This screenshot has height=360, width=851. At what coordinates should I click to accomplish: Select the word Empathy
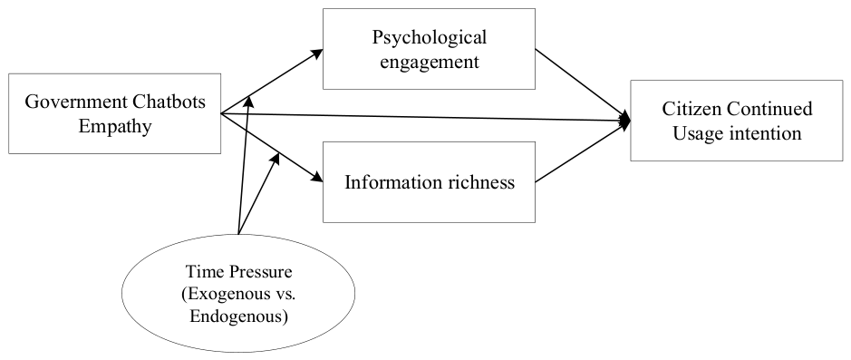coord(114,127)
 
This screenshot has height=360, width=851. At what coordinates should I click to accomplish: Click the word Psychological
coord(429,38)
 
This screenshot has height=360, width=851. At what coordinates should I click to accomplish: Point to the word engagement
coord(430,63)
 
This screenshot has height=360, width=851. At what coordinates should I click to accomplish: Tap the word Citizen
coord(691,109)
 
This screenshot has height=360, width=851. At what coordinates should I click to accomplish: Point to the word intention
coord(763,133)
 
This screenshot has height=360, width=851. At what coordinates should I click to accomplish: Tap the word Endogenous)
coord(238,316)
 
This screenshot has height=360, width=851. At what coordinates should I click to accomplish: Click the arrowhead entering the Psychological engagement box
coord(317,53)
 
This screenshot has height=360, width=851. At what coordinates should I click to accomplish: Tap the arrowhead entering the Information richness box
coord(317,178)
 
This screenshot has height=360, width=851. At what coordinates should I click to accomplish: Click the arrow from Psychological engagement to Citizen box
coord(582,83)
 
